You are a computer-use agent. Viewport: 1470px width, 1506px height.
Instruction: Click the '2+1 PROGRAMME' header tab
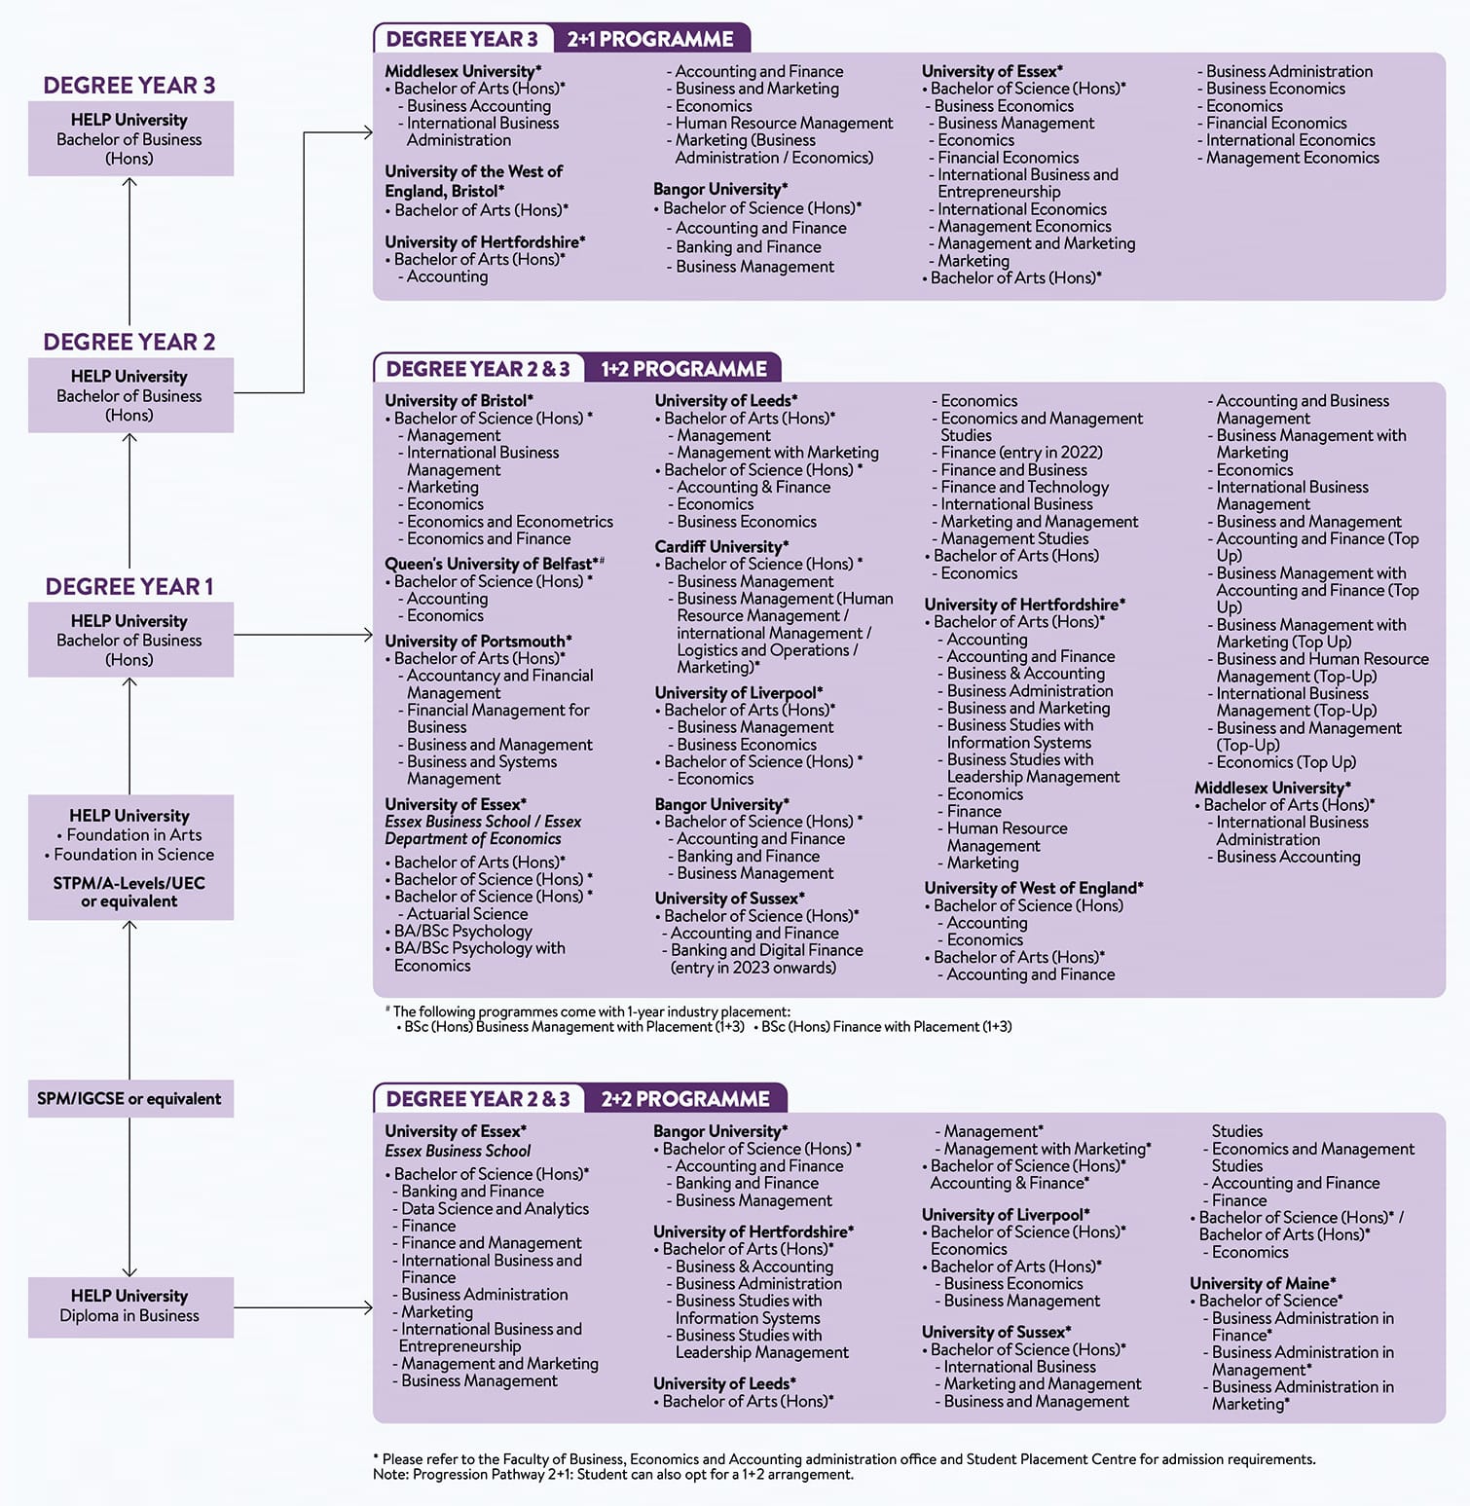coord(650,39)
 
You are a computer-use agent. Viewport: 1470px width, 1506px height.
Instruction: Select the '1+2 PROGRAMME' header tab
coord(683,369)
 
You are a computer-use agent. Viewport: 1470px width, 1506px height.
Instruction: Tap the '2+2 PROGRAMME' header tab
coord(685,1099)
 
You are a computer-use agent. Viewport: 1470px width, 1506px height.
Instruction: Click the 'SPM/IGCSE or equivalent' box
coord(129,1098)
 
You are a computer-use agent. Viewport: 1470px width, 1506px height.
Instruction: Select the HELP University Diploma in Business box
coord(129,1306)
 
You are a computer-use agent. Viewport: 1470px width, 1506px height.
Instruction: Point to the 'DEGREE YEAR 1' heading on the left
coord(129,586)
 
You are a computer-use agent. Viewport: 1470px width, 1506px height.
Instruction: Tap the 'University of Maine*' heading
coord(1263,1283)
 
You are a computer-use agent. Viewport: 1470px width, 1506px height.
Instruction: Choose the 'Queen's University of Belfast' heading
coord(495,564)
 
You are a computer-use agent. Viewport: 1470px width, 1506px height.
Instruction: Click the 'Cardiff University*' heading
coord(721,546)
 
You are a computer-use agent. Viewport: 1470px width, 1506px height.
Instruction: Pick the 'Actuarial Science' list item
coord(466,913)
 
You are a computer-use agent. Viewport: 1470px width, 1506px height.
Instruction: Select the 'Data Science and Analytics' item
coord(495,1208)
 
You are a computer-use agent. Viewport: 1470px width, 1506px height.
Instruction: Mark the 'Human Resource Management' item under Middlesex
coord(784,123)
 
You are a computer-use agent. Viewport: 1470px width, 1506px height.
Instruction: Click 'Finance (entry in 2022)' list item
coord(1021,452)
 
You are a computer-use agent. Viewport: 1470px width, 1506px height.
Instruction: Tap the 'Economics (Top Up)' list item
coord(1285,762)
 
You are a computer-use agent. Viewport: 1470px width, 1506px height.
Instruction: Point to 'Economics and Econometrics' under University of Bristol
coord(509,521)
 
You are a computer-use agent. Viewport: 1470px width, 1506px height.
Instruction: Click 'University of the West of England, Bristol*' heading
coord(473,181)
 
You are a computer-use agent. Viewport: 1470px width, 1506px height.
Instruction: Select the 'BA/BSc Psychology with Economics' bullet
coord(479,956)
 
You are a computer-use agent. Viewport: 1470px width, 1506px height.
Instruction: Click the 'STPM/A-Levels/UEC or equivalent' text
coord(129,892)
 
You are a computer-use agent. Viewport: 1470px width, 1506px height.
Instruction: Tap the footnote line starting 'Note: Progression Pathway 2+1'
coord(612,1474)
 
